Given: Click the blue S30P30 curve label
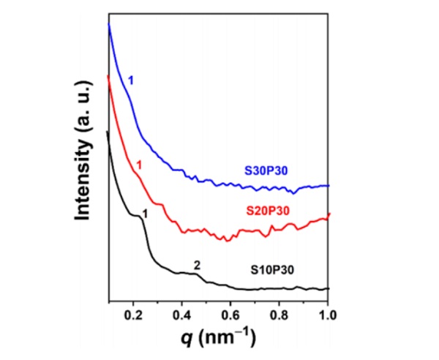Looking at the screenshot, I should pos(266,171).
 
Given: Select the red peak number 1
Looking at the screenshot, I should pos(139,166).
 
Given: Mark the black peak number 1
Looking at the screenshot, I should pos(145,214).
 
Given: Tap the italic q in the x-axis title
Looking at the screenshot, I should pos(190,339).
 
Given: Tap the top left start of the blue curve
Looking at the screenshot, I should pos(109,25).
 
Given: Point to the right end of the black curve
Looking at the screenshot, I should pos(329,288).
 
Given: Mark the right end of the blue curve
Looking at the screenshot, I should pos(329,186).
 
